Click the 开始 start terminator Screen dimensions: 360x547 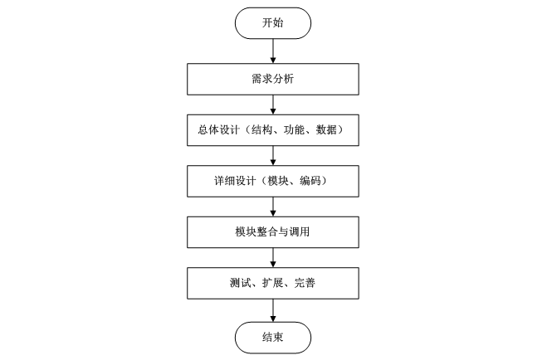point(272,23)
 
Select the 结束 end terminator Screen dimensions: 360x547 point(272,337)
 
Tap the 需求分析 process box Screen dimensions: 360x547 point(272,79)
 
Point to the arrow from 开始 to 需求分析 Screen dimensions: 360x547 point(272,50)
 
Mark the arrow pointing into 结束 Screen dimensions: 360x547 point(272,309)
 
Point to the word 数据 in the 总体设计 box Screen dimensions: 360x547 point(328,130)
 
